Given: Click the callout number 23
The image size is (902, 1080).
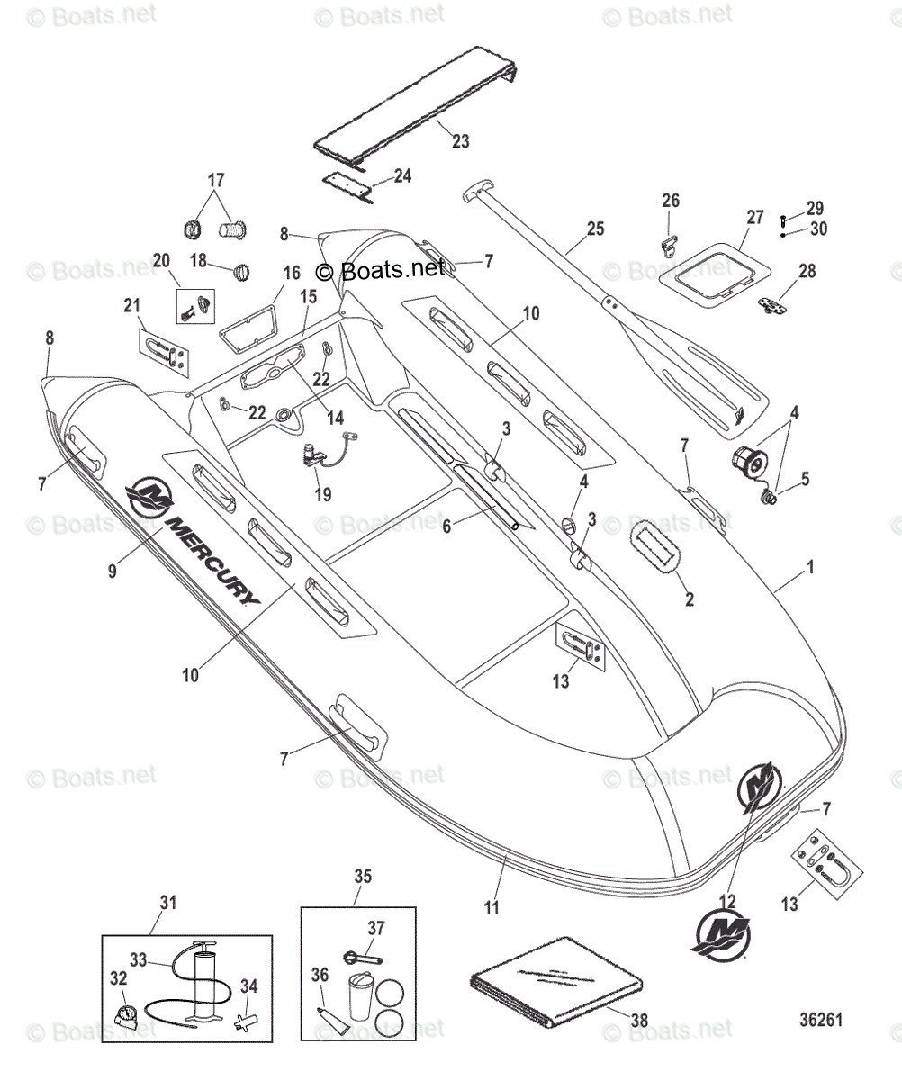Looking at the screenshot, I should pyautogui.click(x=460, y=141).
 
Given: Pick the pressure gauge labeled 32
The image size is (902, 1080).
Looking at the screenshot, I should pyautogui.click(x=128, y=1014).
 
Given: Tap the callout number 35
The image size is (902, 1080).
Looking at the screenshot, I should pyautogui.click(x=362, y=876).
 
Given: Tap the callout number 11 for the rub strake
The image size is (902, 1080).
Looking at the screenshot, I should pyautogui.click(x=492, y=908).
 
